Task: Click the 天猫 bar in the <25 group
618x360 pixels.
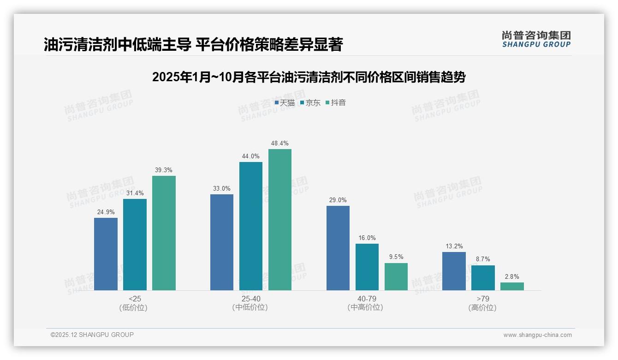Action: [x=106, y=254]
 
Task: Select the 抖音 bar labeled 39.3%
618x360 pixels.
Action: [x=164, y=233]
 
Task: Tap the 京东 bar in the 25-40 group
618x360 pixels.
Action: [x=251, y=226]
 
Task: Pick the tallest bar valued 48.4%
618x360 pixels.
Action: [x=280, y=220]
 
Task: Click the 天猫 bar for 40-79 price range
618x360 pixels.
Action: [x=338, y=248]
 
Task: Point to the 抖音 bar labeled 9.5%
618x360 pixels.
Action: [x=396, y=276]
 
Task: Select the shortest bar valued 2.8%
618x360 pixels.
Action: [x=512, y=286]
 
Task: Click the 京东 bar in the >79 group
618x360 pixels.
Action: [x=483, y=278]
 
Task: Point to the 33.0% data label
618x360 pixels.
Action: [x=222, y=189]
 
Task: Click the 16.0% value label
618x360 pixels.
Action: [x=367, y=238]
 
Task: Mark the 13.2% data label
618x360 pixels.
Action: [x=454, y=246]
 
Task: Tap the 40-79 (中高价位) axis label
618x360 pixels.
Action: [x=365, y=303]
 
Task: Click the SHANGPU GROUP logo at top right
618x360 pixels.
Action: [x=536, y=39]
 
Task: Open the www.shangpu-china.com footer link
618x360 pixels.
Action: [x=537, y=335]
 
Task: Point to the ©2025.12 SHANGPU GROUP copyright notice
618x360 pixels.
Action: [x=92, y=335]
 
